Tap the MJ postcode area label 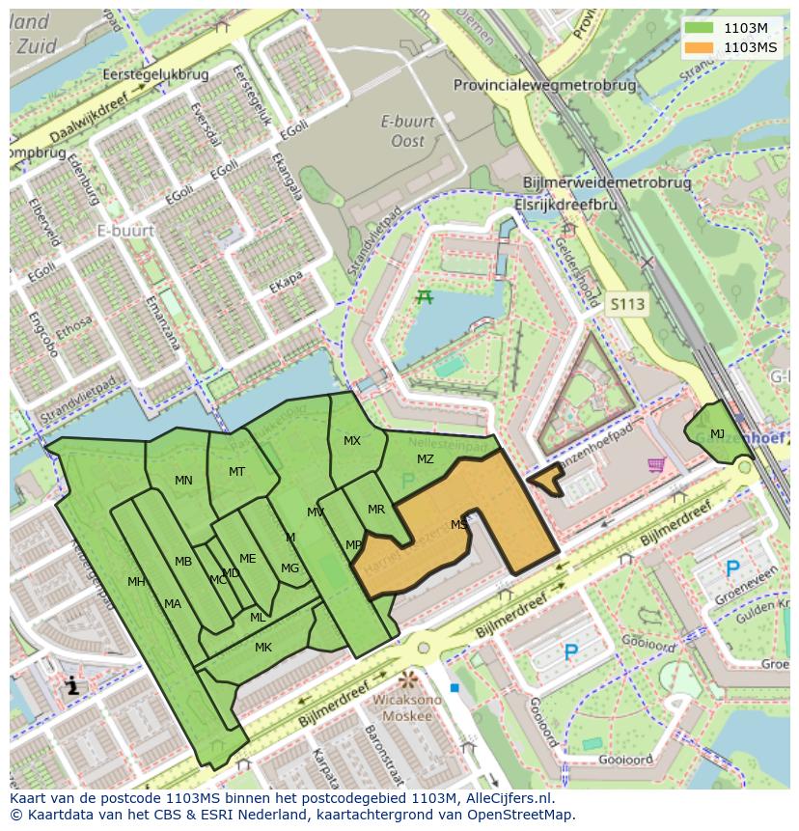[717, 434]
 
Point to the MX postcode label [352, 441]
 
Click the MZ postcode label [426, 459]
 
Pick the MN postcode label [183, 480]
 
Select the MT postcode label [236, 472]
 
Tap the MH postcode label [136, 582]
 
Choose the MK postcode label [263, 648]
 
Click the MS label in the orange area [458, 525]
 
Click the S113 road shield [627, 304]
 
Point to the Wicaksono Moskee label [406, 707]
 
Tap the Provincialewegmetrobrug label [545, 85]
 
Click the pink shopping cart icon [657, 465]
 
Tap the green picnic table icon [424, 297]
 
